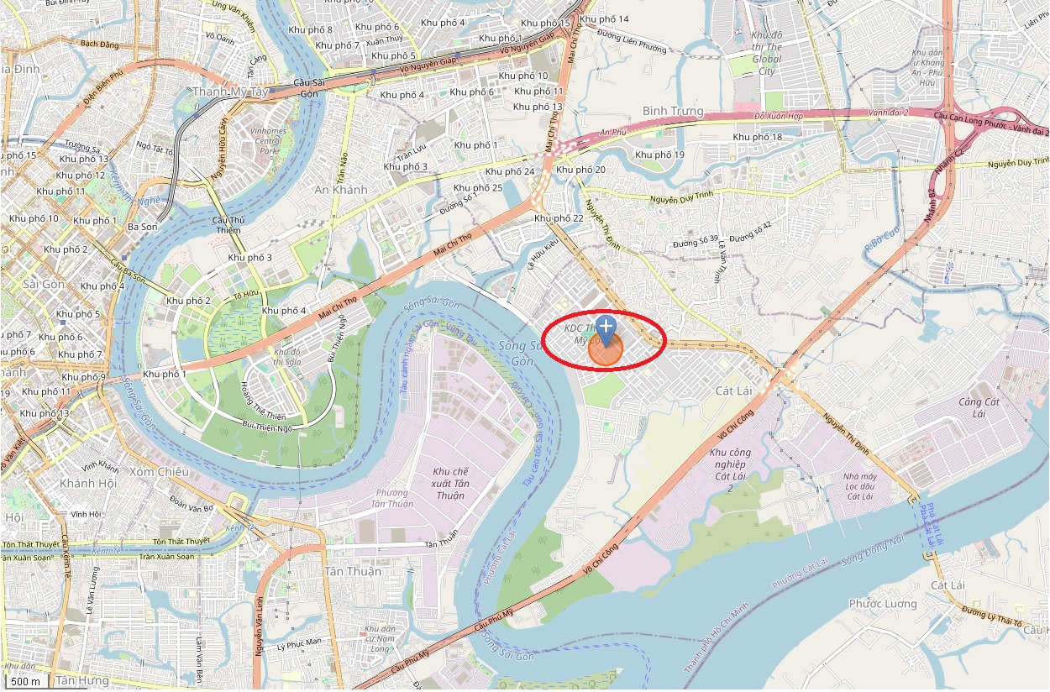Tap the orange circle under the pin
pos(605,350)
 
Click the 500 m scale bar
pos(26,681)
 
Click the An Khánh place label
pos(341,190)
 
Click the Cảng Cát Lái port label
pos(980,407)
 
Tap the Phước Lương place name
pos(883,604)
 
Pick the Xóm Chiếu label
pos(160,472)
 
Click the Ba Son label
pos(142,227)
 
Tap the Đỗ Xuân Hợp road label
pos(780,115)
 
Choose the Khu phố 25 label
pos(477,187)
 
